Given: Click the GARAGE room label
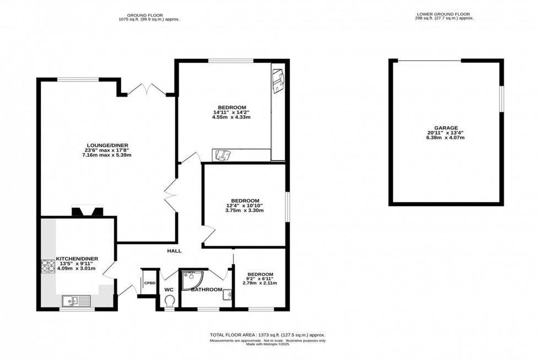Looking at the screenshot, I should (446, 127).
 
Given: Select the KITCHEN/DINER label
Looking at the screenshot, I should (77, 258).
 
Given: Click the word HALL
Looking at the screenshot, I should (174, 251).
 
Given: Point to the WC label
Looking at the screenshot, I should (169, 289).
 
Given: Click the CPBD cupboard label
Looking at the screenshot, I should (149, 283).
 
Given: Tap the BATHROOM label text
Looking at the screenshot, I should (207, 289).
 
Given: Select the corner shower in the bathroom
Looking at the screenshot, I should (191, 279).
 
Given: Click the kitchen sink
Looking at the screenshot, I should (76, 300).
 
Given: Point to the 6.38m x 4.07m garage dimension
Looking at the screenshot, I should (446, 138).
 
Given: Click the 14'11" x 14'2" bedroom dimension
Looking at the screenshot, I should (231, 112).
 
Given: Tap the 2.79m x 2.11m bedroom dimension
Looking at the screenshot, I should (260, 283).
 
